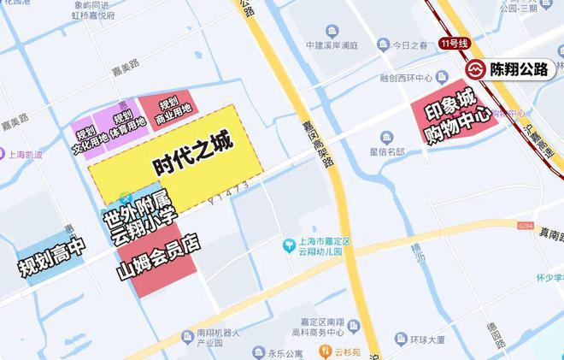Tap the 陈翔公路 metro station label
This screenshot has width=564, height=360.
pyautogui.click(x=518, y=70)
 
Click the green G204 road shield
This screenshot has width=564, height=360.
pyautogui.click(x=525, y=226)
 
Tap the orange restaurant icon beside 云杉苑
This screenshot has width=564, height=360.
pyautogui.click(x=324, y=351)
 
